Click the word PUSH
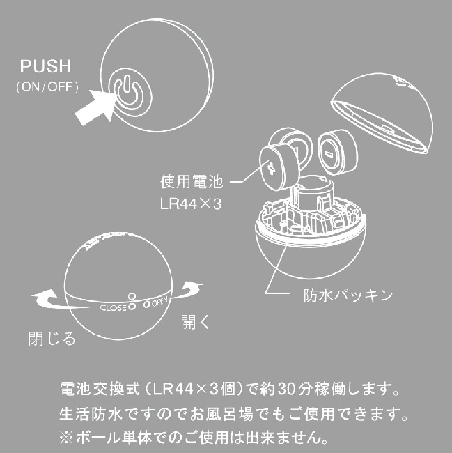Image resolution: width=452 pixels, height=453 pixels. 45,66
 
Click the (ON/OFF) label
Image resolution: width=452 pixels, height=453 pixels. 47,86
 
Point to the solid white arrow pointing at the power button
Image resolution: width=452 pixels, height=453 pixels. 95,107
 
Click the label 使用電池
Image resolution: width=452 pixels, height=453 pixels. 192,182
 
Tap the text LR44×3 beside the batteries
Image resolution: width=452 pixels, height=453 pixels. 191,204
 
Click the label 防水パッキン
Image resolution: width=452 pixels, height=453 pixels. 348,295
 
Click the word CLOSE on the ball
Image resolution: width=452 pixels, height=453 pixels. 113,308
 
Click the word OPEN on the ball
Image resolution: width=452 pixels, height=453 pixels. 159,302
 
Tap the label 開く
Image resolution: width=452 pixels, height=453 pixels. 195,322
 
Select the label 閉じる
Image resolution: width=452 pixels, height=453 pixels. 52,338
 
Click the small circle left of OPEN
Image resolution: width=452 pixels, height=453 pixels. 147,304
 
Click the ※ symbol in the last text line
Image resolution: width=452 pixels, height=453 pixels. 66,438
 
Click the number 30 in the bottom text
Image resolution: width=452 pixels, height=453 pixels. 287,390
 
